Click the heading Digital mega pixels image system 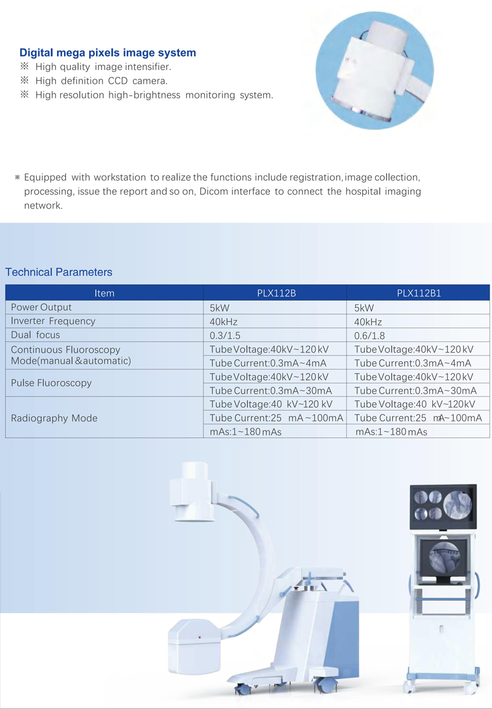tap(108, 53)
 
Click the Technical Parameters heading tap(58, 272)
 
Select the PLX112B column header tap(276, 293)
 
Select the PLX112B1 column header tap(419, 293)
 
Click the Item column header tap(105, 293)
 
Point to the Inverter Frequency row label tap(53, 321)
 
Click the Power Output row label tap(41, 307)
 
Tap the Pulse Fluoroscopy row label tap(51, 383)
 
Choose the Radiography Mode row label tap(54, 418)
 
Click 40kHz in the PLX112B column tap(223, 322)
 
